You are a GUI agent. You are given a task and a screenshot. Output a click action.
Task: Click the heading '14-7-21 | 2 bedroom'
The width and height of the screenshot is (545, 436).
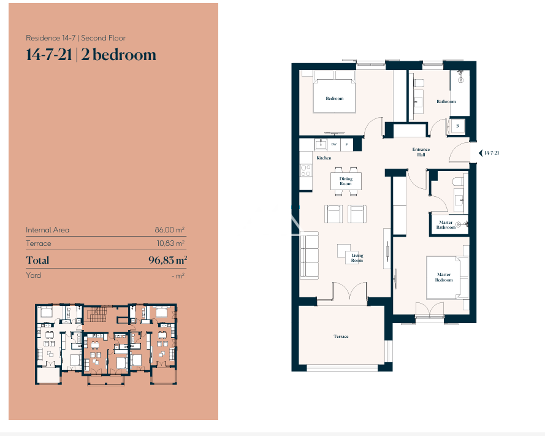[x=91, y=55]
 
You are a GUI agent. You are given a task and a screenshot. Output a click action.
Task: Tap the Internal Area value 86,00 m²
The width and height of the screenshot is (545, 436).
[x=170, y=230]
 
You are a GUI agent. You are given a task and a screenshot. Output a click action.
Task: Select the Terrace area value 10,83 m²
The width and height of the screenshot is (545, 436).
[x=170, y=243]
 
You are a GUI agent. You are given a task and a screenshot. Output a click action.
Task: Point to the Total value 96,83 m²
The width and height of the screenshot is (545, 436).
[x=167, y=260]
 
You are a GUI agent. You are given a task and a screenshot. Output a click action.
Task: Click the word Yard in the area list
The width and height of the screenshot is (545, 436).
[x=33, y=275]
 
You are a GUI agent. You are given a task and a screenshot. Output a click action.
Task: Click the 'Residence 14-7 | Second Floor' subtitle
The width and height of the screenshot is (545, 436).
[x=76, y=38]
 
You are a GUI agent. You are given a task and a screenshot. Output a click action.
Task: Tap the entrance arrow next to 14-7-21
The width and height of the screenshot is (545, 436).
[x=481, y=153]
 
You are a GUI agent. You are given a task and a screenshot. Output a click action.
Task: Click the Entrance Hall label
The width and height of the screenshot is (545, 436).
[x=421, y=152]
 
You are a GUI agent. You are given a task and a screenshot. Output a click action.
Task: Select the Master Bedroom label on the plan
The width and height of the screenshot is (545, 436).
[x=444, y=277]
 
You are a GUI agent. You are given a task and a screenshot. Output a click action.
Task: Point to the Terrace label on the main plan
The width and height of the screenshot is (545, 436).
[x=341, y=336]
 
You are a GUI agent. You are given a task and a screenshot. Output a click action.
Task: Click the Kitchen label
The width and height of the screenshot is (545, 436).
[x=324, y=158]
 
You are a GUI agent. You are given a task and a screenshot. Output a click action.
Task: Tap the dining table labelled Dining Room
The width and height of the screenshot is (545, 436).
[x=346, y=181]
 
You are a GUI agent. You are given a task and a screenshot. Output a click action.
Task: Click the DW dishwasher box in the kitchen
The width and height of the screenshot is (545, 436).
[x=333, y=144]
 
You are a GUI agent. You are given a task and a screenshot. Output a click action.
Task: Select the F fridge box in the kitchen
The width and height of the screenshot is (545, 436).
[x=346, y=144]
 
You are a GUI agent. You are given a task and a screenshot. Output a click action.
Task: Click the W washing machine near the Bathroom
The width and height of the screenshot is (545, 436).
[x=458, y=126]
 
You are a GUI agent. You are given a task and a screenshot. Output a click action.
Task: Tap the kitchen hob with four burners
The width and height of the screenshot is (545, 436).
[x=305, y=170]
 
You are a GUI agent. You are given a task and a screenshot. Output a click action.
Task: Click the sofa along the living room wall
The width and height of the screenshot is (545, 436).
[x=309, y=255]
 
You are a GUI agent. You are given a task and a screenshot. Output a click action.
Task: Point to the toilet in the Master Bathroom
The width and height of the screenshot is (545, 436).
[x=458, y=181]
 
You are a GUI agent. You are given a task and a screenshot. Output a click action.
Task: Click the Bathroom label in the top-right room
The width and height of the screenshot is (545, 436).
[x=446, y=102]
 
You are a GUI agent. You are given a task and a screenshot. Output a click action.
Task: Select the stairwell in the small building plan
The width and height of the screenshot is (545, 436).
[x=97, y=315]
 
